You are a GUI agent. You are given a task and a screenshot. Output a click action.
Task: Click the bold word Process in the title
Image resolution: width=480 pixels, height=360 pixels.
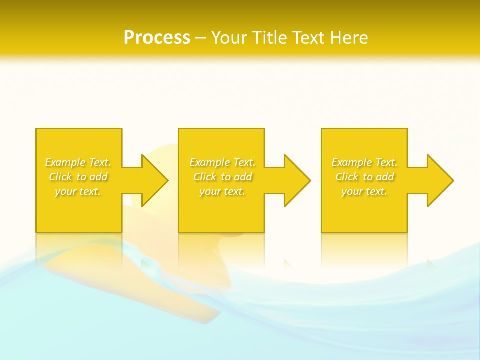tap(157, 38)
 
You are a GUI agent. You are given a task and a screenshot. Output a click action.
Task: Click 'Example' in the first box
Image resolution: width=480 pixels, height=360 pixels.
tap(65, 162)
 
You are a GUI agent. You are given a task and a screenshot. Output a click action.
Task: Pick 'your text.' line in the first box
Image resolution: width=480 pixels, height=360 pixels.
tap(78, 191)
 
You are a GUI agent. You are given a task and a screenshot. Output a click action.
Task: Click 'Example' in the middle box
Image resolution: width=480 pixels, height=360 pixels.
tap(210, 162)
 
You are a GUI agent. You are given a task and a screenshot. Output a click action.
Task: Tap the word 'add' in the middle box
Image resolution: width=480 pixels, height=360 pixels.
tap(243, 177)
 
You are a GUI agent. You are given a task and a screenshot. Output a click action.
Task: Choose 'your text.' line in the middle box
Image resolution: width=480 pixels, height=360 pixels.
tap(222, 191)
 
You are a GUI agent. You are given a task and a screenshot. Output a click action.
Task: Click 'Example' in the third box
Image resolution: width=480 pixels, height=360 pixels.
tap(352, 162)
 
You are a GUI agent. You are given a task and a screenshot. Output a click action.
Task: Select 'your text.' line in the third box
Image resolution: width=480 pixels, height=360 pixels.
tap(364, 191)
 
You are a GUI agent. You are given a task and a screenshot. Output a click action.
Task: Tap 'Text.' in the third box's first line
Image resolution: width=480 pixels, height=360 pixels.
tap(386, 162)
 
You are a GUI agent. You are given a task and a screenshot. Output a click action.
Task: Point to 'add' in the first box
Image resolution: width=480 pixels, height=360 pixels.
tap(98, 177)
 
